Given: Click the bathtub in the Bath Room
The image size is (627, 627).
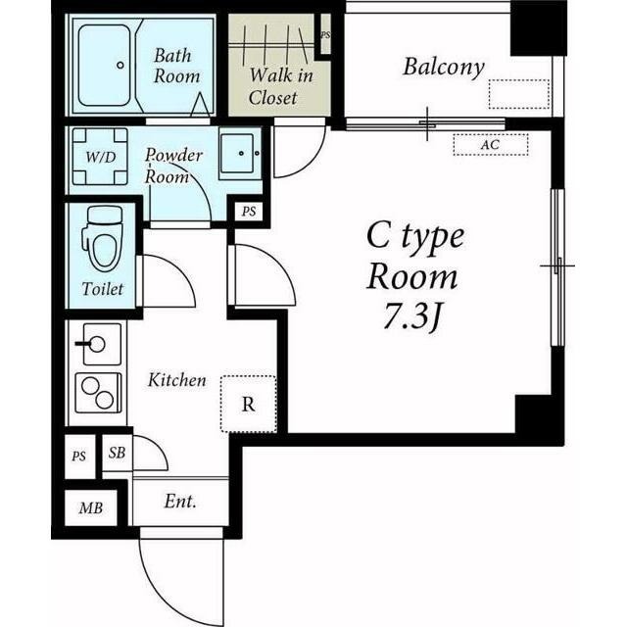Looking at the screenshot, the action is (105, 66).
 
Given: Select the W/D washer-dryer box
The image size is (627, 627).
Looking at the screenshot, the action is (100, 157).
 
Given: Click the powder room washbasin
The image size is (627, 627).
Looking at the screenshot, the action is (239, 154).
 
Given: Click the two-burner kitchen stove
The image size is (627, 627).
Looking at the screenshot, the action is (98, 393).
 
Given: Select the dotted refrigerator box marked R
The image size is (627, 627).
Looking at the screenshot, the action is (248, 404).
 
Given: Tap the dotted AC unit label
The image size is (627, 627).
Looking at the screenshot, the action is (491, 144).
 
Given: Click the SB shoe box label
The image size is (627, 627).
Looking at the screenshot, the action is (117, 453).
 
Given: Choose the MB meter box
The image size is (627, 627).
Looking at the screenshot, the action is (91, 507).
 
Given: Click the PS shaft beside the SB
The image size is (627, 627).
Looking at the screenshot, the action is (79, 457).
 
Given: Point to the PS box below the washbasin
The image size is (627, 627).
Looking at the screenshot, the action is (249, 212).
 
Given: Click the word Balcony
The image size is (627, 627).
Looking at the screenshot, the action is (444, 68).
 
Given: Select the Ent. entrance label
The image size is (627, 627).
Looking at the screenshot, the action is (180, 501).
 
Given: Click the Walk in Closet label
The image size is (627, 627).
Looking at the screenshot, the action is (280, 86).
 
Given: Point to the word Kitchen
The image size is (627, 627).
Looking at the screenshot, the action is (177, 380).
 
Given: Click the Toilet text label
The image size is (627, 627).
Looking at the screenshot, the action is (103, 289).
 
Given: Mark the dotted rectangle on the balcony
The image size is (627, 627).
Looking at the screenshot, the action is (518, 94).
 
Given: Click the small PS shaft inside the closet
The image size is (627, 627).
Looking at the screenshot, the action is (325, 35).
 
